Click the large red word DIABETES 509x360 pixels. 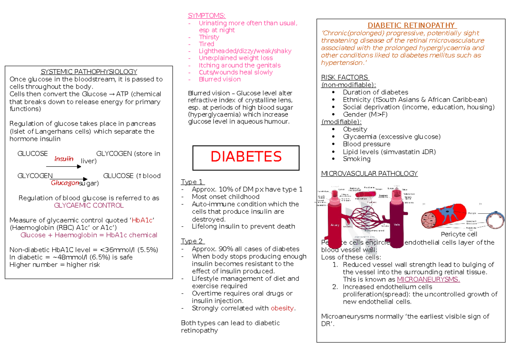pos(246,157)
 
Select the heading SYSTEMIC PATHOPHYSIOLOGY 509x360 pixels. pos(89,72)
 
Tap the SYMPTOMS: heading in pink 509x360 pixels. pos(207,16)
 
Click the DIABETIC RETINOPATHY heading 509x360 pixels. pos(411,25)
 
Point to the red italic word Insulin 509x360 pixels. pos(64,159)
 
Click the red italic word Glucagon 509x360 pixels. pos(65,183)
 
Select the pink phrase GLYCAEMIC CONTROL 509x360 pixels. pos(89,205)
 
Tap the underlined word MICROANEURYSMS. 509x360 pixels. pos(428,279)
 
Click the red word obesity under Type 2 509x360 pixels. pos(282,308)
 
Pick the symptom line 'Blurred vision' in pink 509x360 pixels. pos(219,79)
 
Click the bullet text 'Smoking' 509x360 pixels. pos(357,159)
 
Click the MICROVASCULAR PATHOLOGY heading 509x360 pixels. pos(369,174)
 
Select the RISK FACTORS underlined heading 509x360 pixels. pos(345,77)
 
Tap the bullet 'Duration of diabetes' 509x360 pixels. pos(375,92)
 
